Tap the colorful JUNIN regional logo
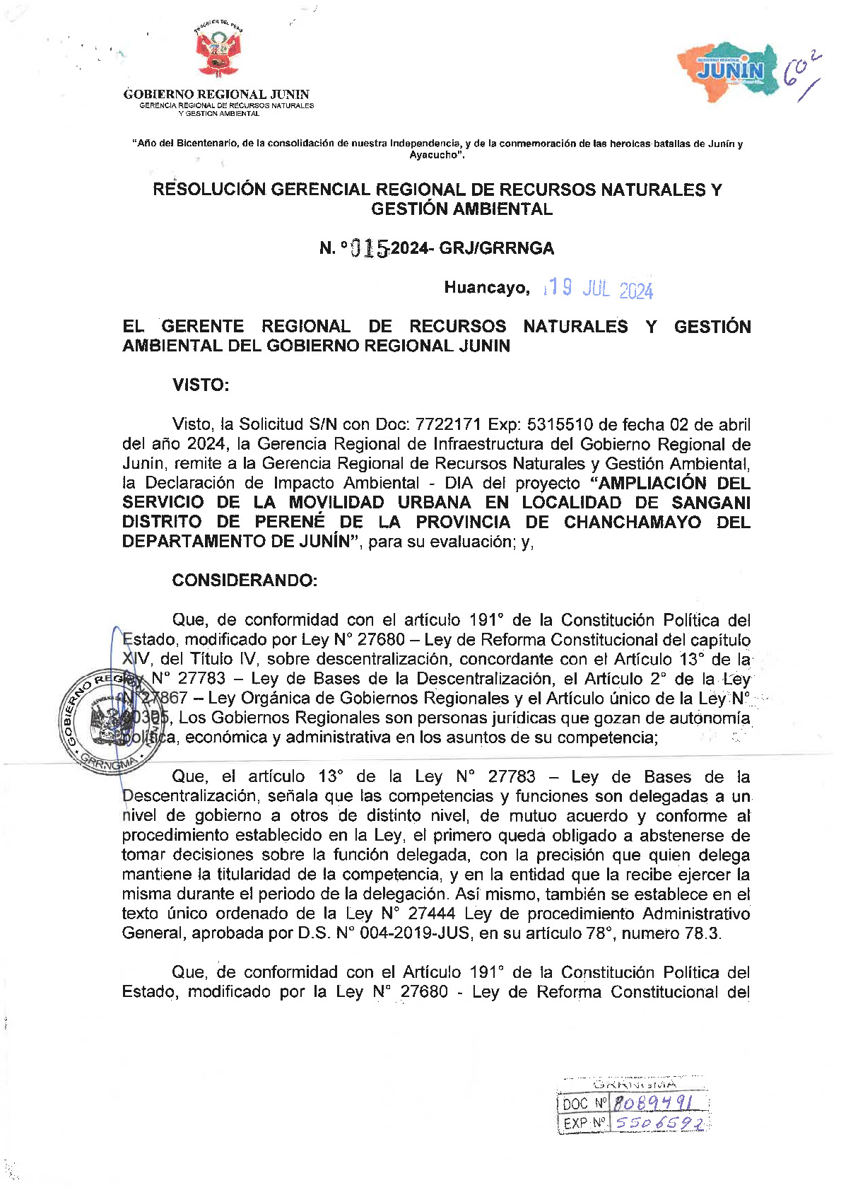729,71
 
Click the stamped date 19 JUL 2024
599,288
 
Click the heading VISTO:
201,385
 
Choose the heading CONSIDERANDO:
245,581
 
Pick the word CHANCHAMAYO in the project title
633,523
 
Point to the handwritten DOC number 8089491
652,1103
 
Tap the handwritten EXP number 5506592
659,1123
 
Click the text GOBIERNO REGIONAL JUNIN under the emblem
216,94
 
